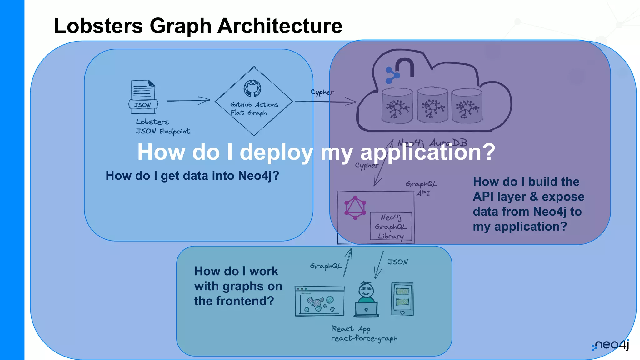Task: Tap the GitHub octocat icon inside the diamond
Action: pos(252,88)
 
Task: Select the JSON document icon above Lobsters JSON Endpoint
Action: pos(143,96)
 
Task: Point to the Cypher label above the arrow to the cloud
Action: pos(322,92)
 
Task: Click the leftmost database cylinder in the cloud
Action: pos(397,106)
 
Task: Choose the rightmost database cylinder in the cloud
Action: pos(467,106)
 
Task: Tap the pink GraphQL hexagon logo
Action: pos(355,208)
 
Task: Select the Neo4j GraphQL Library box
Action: pos(391,227)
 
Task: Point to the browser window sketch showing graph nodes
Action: pos(319,301)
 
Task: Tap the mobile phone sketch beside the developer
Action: pos(402,299)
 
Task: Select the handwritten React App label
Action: pos(351,329)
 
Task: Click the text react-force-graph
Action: pos(364,338)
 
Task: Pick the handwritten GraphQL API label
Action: pos(422,188)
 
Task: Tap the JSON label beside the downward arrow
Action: pos(398,262)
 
